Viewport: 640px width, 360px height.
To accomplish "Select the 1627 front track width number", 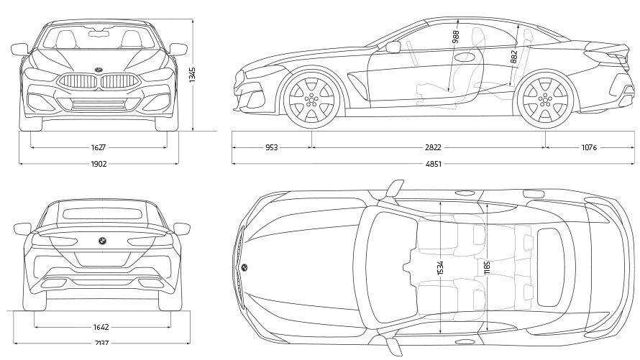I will (x=99, y=147).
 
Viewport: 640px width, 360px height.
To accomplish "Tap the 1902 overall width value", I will (x=99, y=164).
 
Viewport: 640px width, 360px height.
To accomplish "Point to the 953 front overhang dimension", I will (x=271, y=147).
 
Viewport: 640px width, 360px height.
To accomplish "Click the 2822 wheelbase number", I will (x=432, y=147).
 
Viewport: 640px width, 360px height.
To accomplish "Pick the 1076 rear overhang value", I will (x=589, y=147).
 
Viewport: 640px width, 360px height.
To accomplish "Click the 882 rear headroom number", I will (x=513, y=57).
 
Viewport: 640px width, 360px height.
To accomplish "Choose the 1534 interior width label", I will (x=440, y=267).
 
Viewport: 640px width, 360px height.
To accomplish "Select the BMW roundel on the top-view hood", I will (x=244, y=267).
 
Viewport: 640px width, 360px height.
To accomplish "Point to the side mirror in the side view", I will (x=393, y=47).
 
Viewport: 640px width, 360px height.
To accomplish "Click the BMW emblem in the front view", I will (x=99, y=70).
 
